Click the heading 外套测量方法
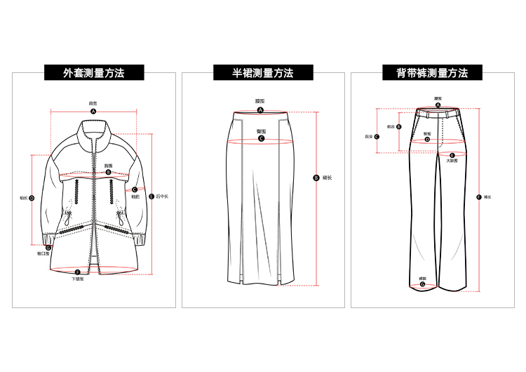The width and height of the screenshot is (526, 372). [93, 72]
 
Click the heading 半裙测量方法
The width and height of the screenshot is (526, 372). [263, 72]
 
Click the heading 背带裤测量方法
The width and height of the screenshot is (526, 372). [431, 72]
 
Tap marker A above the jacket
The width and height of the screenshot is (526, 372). [93, 112]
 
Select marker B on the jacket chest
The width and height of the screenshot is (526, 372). [108, 172]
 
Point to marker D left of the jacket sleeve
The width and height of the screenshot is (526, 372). [31, 199]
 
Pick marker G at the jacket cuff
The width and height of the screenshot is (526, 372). [48, 248]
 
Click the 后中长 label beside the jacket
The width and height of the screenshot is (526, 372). [163, 197]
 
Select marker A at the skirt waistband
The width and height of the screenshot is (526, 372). [260, 110]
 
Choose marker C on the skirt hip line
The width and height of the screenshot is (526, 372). [261, 139]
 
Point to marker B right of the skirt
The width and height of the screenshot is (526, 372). [316, 178]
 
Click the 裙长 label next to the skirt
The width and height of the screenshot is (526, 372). [328, 178]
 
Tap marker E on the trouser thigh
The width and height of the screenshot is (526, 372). [452, 155]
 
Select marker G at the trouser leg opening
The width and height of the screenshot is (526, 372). [422, 285]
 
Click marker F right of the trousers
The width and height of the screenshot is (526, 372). [478, 197]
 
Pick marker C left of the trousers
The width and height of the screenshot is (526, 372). [377, 137]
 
